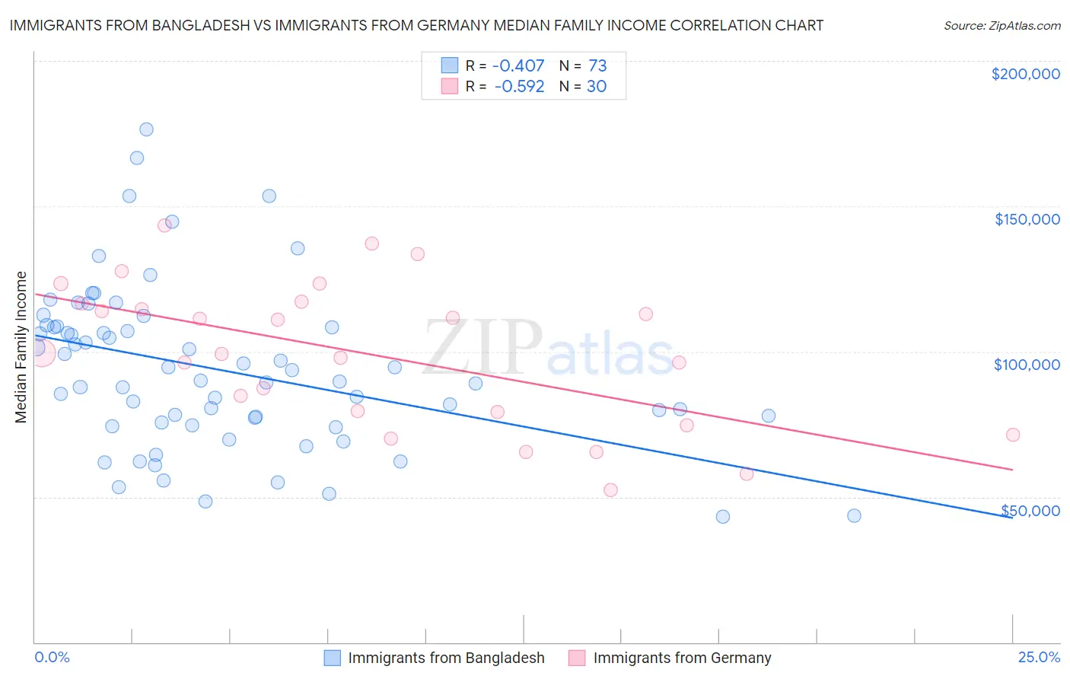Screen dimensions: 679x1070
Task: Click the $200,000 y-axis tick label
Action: [1025, 74]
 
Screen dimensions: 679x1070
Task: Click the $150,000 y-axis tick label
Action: [1027, 219]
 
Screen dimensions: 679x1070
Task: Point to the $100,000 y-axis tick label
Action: [1027, 365]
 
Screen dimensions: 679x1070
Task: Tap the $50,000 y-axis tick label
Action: [1030, 510]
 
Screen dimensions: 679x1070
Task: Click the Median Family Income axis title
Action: [21, 347]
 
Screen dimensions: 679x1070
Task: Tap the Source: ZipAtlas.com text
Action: [1002, 25]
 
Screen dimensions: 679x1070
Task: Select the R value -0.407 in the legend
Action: [518, 66]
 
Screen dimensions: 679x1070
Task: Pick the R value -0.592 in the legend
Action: [519, 87]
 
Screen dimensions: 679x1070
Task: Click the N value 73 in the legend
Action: [597, 66]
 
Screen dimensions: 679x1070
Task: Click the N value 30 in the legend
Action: [596, 87]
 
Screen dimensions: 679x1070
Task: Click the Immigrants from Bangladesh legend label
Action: [446, 658]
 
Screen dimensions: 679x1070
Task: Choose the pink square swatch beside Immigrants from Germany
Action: [577, 658]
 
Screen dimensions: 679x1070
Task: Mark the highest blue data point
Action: [146, 129]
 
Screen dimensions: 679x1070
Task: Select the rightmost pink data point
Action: [1012, 435]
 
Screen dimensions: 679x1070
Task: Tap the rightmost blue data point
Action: [854, 516]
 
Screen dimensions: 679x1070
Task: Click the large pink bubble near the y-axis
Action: [41, 352]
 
